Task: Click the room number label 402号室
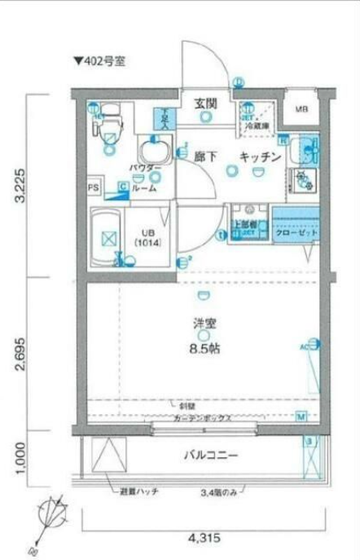pyautogui.click(x=100, y=60)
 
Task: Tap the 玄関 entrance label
pyautogui.click(x=205, y=103)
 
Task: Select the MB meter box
pyautogui.click(x=301, y=109)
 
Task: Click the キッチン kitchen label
pyautogui.click(x=260, y=156)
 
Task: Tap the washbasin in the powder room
pyautogui.click(x=152, y=152)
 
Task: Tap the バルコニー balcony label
pyautogui.click(x=209, y=456)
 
